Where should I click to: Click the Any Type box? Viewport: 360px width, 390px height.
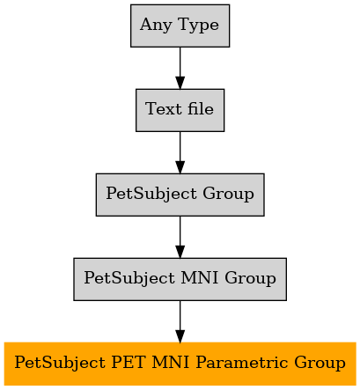click(180, 26)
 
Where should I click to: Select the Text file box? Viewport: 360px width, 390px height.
click(180, 110)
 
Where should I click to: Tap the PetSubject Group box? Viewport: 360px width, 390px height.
click(180, 195)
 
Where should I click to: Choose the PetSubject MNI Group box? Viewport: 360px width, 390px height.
click(180, 279)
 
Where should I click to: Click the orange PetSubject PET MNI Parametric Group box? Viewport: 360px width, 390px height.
click(180, 364)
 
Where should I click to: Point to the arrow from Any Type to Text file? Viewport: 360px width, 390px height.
click(180, 68)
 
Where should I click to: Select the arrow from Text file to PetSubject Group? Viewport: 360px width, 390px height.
click(180, 152)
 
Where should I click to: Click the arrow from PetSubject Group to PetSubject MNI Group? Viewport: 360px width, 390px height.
click(180, 237)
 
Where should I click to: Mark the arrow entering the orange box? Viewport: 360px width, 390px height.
click(180, 321)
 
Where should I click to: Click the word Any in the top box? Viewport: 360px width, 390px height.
click(156, 26)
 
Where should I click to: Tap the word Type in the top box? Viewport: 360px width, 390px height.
click(198, 26)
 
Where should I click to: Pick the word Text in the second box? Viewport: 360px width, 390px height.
click(164, 109)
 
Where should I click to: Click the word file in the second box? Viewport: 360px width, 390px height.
click(201, 108)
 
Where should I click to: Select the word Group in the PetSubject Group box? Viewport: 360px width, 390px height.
click(228, 194)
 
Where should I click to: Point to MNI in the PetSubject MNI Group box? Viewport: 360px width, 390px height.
click(200, 277)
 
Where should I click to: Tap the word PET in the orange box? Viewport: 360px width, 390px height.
click(129, 362)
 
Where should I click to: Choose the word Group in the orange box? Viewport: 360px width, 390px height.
click(320, 363)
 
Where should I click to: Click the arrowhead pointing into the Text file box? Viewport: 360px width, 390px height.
click(180, 83)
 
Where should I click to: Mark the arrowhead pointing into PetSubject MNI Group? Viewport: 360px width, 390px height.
click(180, 252)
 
